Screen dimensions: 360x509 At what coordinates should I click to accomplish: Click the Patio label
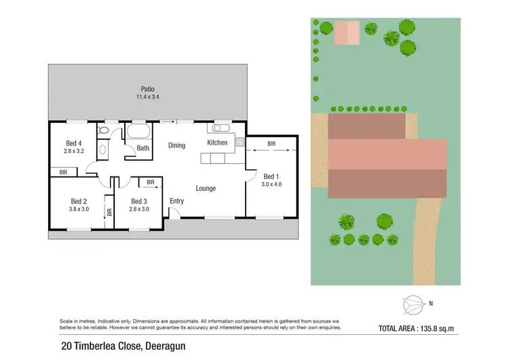click(147, 89)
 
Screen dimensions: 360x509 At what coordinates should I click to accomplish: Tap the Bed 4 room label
click(74, 143)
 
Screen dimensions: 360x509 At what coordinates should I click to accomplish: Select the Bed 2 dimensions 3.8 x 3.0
click(79, 209)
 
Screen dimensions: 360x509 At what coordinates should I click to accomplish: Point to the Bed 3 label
click(138, 201)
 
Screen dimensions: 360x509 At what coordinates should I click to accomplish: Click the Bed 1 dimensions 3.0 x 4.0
click(271, 183)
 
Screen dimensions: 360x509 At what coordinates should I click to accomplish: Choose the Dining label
click(176, 145)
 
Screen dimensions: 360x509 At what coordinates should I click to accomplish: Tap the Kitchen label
click(217, 143)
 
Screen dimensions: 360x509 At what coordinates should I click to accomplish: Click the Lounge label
click(206, 188)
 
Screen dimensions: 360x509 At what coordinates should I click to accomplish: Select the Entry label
click(176, 201)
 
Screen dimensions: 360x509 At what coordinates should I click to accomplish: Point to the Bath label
click(143, 148)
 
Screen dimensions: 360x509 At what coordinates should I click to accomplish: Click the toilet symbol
click(103, 129)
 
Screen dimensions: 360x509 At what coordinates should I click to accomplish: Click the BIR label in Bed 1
click(271, 144)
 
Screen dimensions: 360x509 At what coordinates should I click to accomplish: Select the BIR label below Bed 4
click(64, 173)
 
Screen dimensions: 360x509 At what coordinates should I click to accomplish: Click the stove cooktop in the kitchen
click(240, 142)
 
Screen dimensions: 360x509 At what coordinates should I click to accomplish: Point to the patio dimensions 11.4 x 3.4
click(147, 97)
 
